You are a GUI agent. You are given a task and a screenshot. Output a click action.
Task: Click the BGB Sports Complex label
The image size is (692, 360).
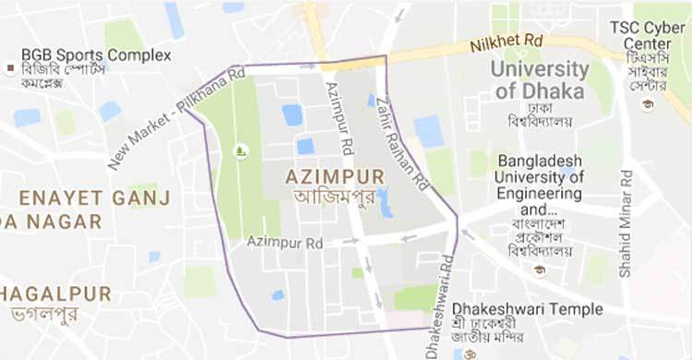click(x=96, y=55)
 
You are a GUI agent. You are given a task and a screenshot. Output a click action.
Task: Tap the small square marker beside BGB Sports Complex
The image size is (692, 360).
click(x=10, y=69)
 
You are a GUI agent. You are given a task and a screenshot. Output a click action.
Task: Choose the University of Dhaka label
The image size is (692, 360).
click(x=540, y=80)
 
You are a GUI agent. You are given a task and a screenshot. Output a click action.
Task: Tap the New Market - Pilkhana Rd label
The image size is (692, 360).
click(x=175, y=118)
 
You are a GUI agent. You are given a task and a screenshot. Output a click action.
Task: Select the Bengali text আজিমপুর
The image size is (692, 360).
click(x=318, y=197)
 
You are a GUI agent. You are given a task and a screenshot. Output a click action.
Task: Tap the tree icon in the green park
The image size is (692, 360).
click(x=242, y=150)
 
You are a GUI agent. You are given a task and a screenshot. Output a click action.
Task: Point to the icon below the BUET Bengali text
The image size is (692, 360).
click(x=539, y=270)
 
